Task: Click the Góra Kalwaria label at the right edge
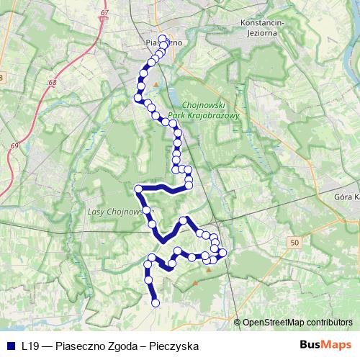(x=347, y=196)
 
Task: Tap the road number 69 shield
(x=14, y=147)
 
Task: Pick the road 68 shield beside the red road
(x=53, y=84)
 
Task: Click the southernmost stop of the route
(x=156, y=304)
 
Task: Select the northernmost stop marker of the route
(x=162, y=38)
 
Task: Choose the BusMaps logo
(x=330, y=346)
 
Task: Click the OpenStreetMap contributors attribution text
(x=297, y=323)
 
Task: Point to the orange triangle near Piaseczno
(x=155, y=86)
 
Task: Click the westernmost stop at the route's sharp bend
(x=137, y=189)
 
